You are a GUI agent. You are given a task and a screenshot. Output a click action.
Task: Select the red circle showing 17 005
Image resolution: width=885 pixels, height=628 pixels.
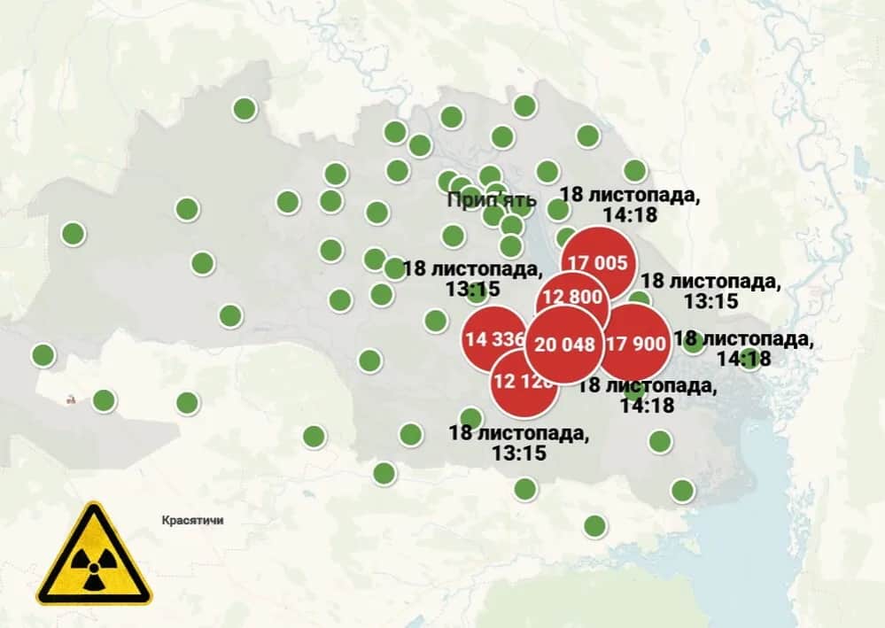tap(598, 262)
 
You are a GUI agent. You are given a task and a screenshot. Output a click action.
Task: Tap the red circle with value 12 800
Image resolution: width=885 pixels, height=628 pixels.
tap(572, 297)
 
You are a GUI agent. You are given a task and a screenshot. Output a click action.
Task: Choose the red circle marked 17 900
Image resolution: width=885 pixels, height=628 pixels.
tap(635, 344)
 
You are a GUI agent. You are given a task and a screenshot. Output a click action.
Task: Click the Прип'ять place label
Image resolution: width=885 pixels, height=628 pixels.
tap(492, 198)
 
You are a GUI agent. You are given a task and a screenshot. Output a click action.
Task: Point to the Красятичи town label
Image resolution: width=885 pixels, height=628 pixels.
tap(193, 521)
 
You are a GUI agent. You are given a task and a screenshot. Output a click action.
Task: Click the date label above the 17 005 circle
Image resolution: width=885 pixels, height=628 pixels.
tap(630, 203)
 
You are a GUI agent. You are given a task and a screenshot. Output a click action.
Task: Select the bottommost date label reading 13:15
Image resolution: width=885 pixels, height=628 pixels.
tap(517, 443)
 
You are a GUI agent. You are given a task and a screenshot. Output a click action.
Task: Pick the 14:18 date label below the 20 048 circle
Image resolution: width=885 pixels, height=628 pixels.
tap(647, 396)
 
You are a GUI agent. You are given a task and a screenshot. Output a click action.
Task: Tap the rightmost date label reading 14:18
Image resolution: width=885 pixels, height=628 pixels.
tap(742, 349)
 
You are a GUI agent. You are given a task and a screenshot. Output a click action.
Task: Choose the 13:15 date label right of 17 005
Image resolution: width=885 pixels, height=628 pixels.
tap(710, 291)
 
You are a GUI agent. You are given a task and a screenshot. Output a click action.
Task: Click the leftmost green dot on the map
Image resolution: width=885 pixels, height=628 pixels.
tap(43, 355)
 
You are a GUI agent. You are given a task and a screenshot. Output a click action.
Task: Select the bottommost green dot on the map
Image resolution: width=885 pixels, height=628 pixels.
tap(595, 526)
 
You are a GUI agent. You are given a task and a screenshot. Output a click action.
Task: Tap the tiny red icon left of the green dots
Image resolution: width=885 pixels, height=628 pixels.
tap(70, 399)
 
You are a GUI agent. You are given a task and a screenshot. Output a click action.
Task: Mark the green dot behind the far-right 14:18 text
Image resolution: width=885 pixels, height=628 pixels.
tap(750, 359)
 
